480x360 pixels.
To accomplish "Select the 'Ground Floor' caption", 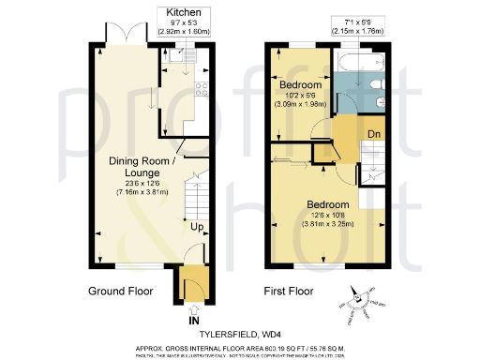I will (121, 290).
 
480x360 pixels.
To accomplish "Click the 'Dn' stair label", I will (373, 134).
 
